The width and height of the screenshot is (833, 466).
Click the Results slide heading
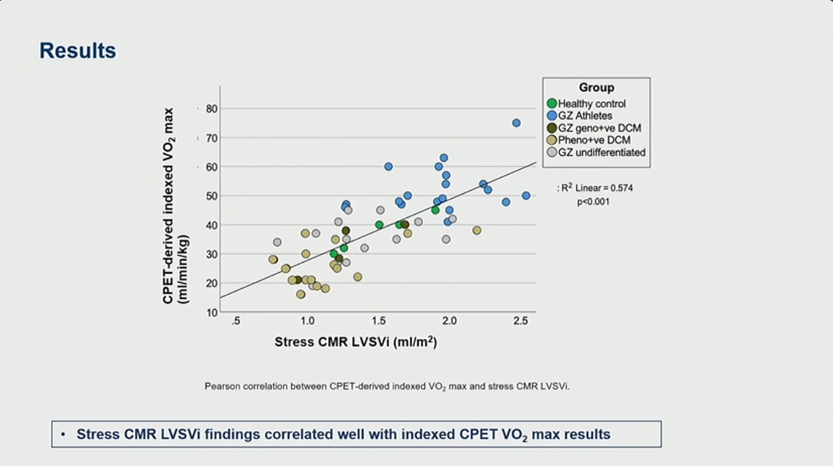77,51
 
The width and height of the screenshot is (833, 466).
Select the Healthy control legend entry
592,104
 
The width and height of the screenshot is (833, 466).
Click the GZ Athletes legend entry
585,115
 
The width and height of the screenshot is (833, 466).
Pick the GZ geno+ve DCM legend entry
599,128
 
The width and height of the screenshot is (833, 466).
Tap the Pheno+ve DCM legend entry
594,140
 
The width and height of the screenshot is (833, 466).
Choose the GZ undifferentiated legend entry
601,152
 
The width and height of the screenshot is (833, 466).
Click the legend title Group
596,88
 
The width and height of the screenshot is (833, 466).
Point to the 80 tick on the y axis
211,108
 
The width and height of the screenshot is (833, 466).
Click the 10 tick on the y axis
211,312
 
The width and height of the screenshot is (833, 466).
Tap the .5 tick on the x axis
236,321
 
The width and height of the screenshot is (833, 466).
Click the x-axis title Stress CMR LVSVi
355,342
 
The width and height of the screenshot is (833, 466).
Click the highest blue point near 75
516,123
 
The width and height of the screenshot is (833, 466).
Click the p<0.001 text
593,201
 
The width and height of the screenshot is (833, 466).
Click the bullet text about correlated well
343,435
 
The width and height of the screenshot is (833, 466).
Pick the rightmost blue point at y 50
526,195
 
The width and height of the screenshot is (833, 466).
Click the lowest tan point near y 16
301,295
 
